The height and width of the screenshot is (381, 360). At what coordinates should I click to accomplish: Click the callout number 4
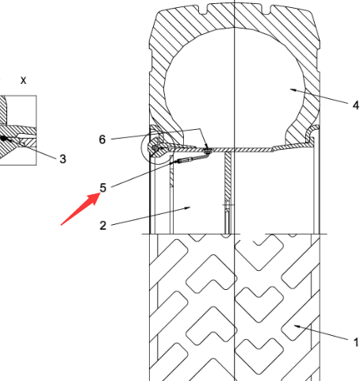click(x=356, y=105)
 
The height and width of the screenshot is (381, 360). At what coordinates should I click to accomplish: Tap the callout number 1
click(x=356, y=342)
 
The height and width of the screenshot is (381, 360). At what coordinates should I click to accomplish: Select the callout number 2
click(x=103, y=226)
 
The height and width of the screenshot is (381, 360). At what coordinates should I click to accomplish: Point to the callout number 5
click(x=103, y=188)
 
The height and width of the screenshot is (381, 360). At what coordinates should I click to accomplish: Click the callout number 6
click(x=102, y=139)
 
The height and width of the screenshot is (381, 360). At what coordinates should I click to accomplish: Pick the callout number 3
click(x=63, y=159)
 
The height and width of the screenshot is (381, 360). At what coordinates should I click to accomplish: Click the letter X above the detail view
click(x=24, y=81)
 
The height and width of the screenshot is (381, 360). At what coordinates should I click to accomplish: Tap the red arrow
click(x=81, y=209)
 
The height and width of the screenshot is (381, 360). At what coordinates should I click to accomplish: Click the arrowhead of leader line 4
click(x=293, y=90)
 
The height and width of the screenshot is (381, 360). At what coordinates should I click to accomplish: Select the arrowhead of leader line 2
click(x=187, y=208)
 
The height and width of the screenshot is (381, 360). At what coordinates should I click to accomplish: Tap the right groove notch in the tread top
click(x=266, y=10)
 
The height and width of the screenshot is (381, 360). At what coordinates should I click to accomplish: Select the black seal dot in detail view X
click(x=3, y=138)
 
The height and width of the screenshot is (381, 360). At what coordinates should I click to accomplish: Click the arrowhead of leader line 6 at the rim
click(x=207, y=148)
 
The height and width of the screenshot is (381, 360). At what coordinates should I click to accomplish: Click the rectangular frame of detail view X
click(x=36, y=130)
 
